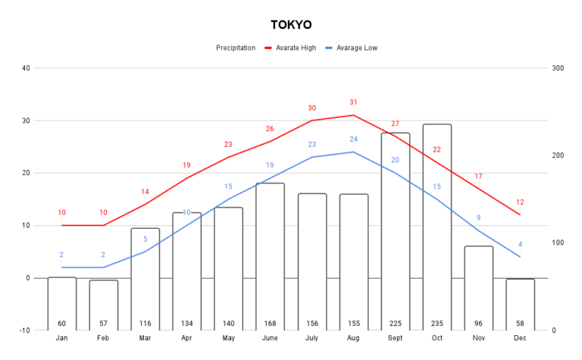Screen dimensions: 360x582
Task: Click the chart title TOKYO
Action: (291, 25)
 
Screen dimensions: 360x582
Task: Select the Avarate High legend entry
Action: (296, 48)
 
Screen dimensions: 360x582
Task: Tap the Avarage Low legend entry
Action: (355, 48)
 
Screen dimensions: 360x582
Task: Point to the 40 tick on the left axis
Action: (26, 68)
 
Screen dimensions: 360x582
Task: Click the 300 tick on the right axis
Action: (558, 68)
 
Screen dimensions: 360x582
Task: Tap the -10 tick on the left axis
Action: (24, 330)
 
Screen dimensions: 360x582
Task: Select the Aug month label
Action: (354, 338)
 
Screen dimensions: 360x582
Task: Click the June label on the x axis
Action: (270, 338)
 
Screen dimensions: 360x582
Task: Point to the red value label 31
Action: (353, 102)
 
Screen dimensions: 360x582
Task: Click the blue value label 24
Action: (353, 139)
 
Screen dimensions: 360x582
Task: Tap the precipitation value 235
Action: (437, 324)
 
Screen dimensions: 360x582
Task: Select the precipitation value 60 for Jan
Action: (61, 324)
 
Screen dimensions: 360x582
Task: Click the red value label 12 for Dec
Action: (520, 202)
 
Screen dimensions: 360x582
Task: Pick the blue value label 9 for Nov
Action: (478, 218)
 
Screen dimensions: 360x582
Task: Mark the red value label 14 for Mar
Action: (145, 192)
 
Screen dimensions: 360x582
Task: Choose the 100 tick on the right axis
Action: (558, 243)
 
